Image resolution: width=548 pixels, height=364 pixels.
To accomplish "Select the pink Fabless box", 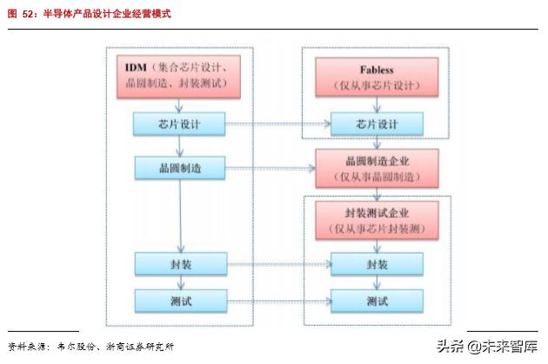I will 377,76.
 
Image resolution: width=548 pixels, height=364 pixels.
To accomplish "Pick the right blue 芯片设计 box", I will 377,125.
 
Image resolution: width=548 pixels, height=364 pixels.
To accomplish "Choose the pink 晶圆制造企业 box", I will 377,168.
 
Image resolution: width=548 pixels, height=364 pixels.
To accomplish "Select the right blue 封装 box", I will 377,264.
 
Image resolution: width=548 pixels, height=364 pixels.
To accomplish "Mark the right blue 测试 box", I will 377,301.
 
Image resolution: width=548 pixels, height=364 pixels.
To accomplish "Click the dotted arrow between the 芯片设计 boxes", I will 278,125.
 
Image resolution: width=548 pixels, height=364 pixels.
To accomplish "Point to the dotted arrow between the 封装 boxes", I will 278,264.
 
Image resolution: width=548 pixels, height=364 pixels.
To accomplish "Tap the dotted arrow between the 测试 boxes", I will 278,301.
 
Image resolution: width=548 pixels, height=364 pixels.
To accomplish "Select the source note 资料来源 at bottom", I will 91,346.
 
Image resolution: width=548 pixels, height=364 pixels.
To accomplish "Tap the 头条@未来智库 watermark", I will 486,346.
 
